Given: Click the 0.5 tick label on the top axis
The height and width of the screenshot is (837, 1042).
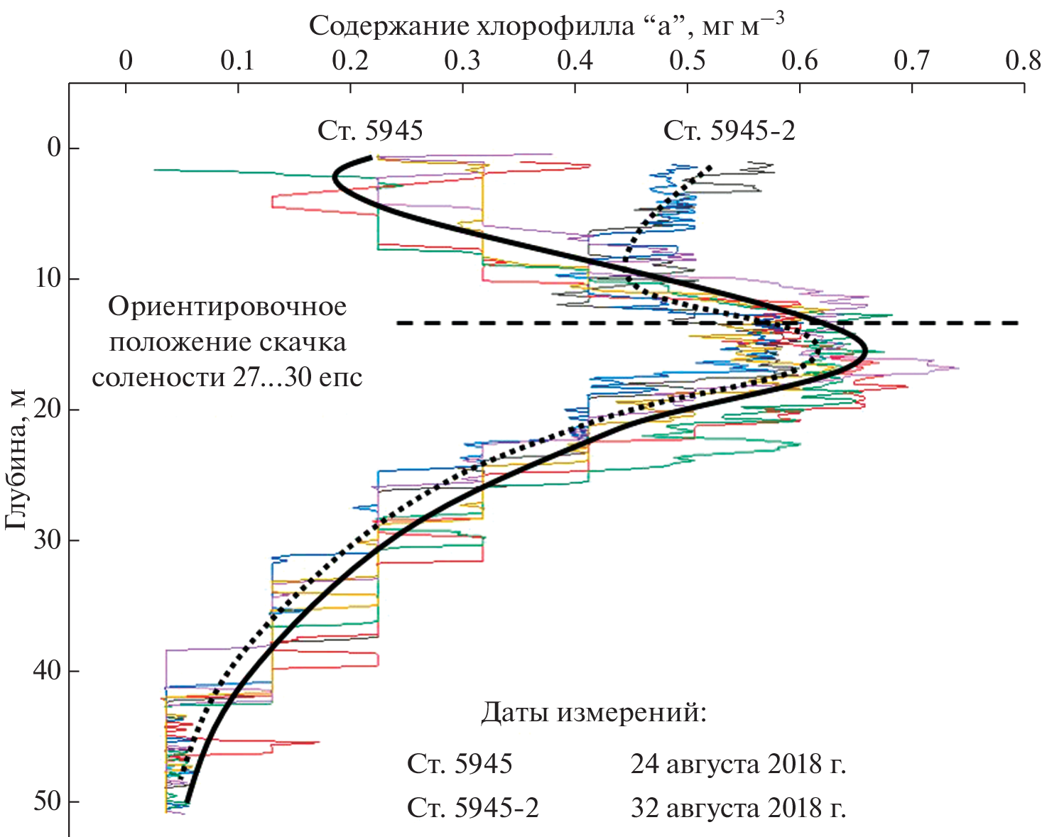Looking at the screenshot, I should (687, 61).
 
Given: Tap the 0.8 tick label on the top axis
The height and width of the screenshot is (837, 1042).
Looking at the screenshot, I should (1024, 61).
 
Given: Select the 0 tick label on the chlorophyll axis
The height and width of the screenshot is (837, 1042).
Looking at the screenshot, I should (126, 61).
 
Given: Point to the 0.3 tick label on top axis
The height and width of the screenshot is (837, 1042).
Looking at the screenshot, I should (462, 61).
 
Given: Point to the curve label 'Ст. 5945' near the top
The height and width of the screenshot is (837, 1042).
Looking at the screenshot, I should (370, 131).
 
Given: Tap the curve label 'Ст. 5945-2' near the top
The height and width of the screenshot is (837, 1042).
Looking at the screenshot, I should (729, 131).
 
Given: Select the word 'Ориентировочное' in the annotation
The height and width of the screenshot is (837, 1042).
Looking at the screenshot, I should (227, 307).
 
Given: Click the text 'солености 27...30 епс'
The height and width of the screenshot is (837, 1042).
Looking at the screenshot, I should (227, 377).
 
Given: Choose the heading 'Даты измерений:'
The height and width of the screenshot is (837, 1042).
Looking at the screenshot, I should (594, 712).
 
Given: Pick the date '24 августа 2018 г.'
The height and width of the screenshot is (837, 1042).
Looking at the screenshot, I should (738, 765).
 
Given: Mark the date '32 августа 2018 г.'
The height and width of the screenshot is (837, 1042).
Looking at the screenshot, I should (738, 809).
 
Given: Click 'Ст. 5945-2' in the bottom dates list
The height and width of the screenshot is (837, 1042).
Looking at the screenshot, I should (473, 809).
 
